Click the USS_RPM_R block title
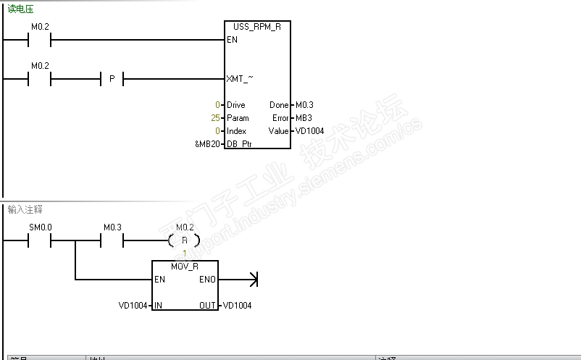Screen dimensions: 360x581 [x=257, y=26]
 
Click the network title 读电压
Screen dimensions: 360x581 [x=20, y=9]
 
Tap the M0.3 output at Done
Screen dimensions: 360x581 [x=305, y=105]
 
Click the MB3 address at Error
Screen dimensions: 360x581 [x=304, y=118]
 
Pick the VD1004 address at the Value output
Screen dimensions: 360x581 [x=309, y=131]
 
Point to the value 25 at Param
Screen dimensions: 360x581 [x=215, y=118]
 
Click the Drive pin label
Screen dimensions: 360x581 [x=236, y=105]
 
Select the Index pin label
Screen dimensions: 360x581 [x=236, y=131]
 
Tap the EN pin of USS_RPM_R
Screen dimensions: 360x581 [x=232, y=40]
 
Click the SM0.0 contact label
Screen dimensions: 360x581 [x=40, y=227]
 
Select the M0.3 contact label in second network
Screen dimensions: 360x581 [x=112, y=227]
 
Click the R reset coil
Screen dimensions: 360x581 [x=185, y=240]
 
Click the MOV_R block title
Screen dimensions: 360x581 [x=185, y=266]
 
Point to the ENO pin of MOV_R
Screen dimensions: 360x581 [x=206, y=279]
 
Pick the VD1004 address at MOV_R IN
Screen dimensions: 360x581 [x=134, y=305]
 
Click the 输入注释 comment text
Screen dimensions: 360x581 [x=25, y=209]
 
